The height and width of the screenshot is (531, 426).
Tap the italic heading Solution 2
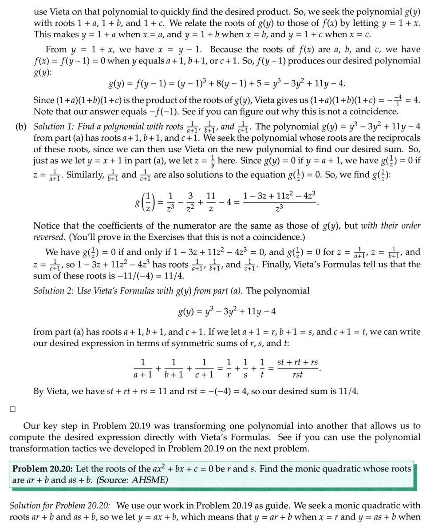[x=54, y=291]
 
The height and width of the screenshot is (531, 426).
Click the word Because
[x=229, y=49]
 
